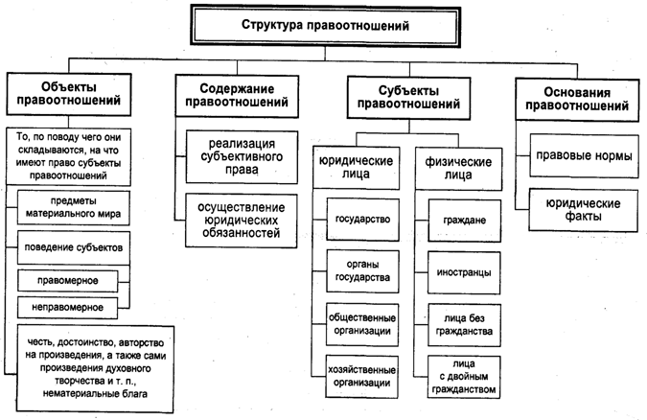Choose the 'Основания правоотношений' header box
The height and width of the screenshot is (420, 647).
tap(564, 94)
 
